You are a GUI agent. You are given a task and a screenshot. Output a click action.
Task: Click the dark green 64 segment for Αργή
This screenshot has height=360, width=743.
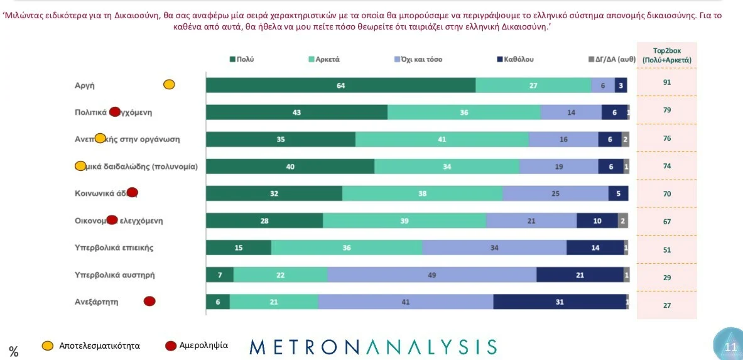coord(340,85)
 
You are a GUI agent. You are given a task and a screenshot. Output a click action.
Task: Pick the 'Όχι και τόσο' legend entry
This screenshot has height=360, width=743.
coord(418,59)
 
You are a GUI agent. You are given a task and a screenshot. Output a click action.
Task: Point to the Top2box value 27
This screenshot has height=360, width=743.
coord(667,305)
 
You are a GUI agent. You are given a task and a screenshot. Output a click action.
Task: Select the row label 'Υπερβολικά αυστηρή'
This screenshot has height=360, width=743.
coord(114,275)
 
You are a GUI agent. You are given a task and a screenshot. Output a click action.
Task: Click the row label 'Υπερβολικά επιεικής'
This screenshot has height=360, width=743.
coord(114,248)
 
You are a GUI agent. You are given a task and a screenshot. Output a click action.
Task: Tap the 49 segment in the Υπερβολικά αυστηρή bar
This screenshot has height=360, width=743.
coord(431,275)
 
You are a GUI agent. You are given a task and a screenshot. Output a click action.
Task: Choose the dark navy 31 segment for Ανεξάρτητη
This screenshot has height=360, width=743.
coord(560,302)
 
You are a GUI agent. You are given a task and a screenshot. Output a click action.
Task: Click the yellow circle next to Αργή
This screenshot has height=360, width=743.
coord(169,85)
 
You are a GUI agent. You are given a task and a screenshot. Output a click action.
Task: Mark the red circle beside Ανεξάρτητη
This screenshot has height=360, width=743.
coord(149,302)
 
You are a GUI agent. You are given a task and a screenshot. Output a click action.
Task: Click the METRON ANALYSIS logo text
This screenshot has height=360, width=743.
coord(373,346)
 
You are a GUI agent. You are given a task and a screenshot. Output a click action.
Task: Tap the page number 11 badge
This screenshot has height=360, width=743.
coord(730,346)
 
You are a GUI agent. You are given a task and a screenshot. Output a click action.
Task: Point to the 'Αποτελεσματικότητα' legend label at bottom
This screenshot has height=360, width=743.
coord(99,346)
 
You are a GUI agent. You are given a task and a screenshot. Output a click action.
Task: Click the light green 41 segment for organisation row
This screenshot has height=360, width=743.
coord(442,139)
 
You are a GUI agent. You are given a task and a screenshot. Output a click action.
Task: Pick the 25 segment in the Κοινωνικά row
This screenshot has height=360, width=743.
coord(555,194)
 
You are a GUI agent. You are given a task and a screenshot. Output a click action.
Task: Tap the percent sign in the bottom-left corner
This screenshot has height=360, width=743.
coord(13,352)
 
